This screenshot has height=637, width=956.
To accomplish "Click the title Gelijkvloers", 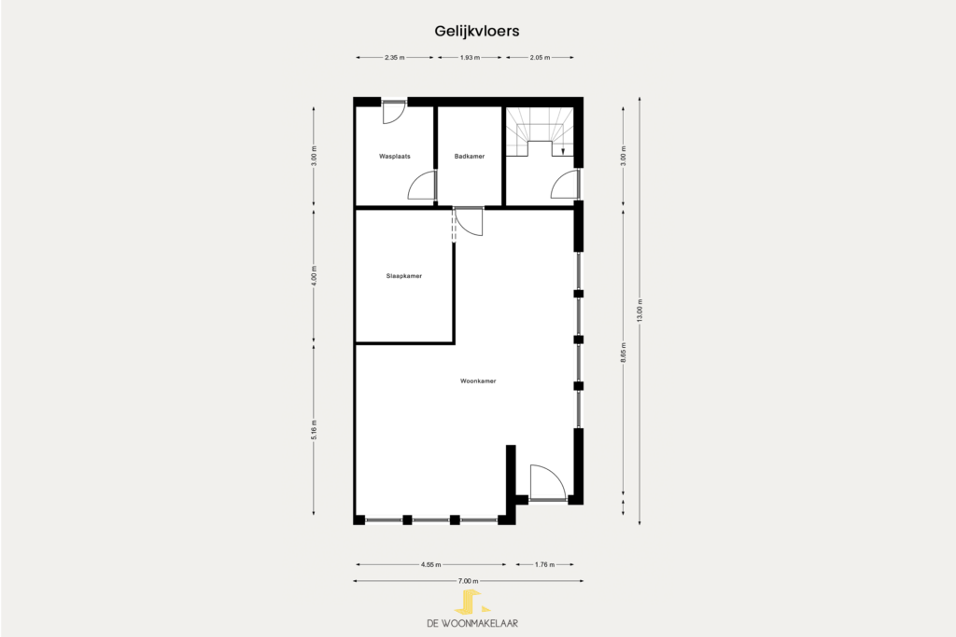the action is click(x=477, y=31).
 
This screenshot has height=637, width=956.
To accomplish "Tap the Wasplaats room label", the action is click(x=395, y=157).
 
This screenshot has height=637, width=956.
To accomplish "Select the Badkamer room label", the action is click(x=470, y=157).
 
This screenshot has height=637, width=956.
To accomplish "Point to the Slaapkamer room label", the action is click(x=403, y=276).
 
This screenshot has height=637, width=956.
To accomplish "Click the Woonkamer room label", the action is click(x=478, y=381).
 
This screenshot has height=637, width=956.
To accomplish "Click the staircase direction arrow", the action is click(x=563, y=151).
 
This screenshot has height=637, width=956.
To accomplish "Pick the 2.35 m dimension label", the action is click(x=395, y=57).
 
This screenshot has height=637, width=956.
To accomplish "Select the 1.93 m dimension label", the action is click(x=470, y=57).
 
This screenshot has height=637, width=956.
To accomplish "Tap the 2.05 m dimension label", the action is click(x=540, y=57).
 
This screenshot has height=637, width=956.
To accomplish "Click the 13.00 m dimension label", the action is click(x=640, y=310).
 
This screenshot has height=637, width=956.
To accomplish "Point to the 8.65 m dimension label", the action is click(x=623, y=353).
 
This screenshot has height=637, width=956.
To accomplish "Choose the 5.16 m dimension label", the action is click(x=314, y=429).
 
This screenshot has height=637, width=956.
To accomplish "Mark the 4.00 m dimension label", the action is click(x=314, y=276).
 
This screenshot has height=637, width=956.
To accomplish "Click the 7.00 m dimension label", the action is click(x=469, y=581).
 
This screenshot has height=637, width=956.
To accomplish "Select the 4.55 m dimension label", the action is click(x=430, y=564).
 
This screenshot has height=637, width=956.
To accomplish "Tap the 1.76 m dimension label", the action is click(x=544, y=564).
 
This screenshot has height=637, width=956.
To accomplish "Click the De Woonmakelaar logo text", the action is click(x=472, y=623).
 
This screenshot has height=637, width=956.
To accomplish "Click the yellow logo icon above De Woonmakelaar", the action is click(x=471, y=602).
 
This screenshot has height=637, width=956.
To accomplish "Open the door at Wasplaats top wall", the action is click(x=393, y=112).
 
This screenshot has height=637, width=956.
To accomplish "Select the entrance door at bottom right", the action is click(x=547, y=483).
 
